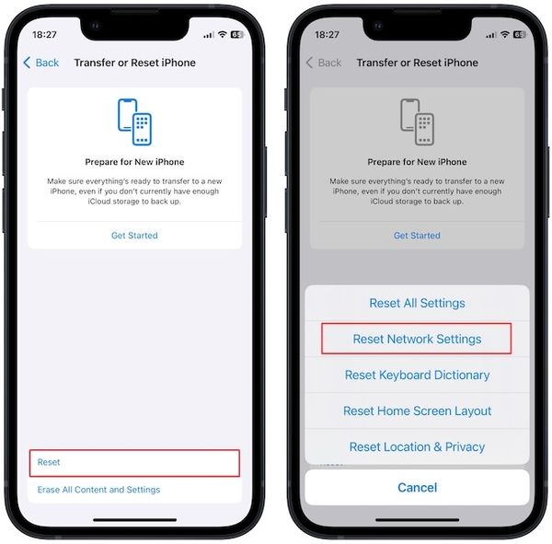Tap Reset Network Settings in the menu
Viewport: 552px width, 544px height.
[417, 339]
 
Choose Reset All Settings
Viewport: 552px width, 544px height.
[417, 303]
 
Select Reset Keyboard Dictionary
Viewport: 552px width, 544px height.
[417, 375]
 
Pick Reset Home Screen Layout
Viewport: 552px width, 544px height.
[417, 411]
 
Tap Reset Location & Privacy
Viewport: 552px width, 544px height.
[417, 446]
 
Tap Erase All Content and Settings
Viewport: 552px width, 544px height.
[98, 490]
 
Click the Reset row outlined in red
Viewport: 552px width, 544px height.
[134, 462]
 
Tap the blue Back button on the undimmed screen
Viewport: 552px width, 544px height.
[41, 63]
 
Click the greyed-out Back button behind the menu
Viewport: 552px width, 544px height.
[324, 63]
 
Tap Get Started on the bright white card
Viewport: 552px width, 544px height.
[134, 236]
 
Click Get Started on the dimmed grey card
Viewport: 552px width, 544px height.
[417, 236]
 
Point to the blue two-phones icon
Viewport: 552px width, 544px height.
[134, 121]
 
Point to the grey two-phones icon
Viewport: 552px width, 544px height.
[417, 121]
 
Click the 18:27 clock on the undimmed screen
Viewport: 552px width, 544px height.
[43, 34]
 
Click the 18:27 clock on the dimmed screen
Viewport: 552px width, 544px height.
[326, 34]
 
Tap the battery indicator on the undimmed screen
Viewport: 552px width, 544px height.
[236, 34]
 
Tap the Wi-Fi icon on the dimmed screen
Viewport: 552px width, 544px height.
[504, 34]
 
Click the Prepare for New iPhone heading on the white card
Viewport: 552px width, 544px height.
[134, 162]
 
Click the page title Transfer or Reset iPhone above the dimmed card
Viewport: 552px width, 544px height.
[417, 63]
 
